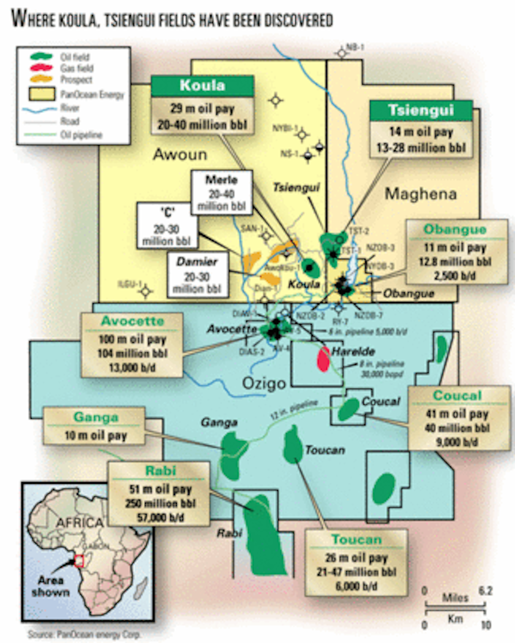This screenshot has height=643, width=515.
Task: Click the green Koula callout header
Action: tap(202, 85)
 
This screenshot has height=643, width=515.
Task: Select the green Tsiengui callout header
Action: tap(421, 110)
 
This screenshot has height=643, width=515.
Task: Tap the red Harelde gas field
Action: tap(323, 359)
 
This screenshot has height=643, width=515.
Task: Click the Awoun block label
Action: tap(180, 154)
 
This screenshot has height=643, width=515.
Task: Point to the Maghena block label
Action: tap(420, 194)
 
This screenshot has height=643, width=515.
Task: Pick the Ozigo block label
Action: tap(264, 383)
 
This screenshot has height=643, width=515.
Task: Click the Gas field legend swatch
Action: tap(41, 68)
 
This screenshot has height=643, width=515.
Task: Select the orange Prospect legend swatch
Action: tap(41, 79)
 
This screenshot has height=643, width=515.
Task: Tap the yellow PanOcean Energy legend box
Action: tap(42, 94)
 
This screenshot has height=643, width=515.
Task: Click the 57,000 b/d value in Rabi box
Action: tap(161, 517)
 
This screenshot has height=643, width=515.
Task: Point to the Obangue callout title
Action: tap(455, 229)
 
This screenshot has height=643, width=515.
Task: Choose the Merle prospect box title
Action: tap(221, 180)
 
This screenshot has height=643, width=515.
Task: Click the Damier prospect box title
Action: tap(197, 262)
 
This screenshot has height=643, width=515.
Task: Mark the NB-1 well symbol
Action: tap(342, 53)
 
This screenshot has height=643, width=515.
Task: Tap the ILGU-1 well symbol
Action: tap(146, 291)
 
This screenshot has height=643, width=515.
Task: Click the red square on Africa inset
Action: tap(79, 561)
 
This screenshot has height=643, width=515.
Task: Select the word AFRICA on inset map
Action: tap(79, 523)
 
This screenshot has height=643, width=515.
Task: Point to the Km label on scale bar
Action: tap(455, 619)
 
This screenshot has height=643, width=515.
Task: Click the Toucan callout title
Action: tap(356, 539)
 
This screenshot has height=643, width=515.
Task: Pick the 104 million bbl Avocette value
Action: tap(132, 353)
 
